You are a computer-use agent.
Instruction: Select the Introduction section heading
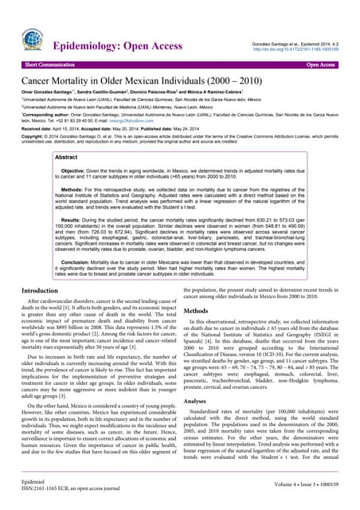[49, 292]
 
